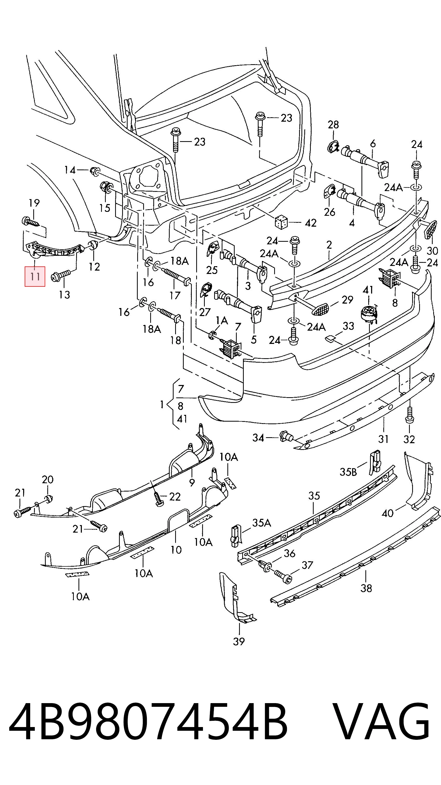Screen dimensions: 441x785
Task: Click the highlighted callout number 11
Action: pos(35,277)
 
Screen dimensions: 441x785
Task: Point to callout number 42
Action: pos(310,223)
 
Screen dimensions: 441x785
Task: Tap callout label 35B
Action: pos(348,472)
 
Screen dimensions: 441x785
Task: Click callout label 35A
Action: pos(262,523)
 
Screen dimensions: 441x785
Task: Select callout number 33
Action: pos(348,326)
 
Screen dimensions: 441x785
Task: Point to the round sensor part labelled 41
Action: pos(369,314)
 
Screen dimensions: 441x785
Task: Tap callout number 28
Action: pos(333,124)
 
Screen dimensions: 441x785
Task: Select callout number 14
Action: pos(70,170)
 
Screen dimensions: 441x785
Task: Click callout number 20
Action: pos(48,480)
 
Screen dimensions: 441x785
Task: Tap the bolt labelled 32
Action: pos(410,415)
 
